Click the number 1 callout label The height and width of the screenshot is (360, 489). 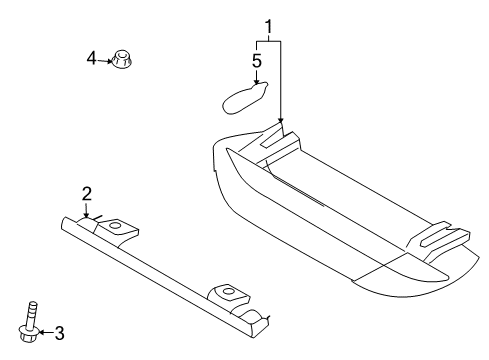click(x=268, y=25)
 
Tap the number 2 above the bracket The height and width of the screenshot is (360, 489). click(x=87, y=193)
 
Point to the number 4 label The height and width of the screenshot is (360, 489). click(x=92, y=59)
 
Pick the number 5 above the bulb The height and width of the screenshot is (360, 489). click(x=257, y=62)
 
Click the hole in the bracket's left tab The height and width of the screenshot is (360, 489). click(x=114, y=227)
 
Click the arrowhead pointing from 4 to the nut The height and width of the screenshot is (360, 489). click(x=112, y=60)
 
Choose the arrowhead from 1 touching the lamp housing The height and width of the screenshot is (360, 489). click(x=282, y=126)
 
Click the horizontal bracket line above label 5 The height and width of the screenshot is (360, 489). click(x=268, y=41)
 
